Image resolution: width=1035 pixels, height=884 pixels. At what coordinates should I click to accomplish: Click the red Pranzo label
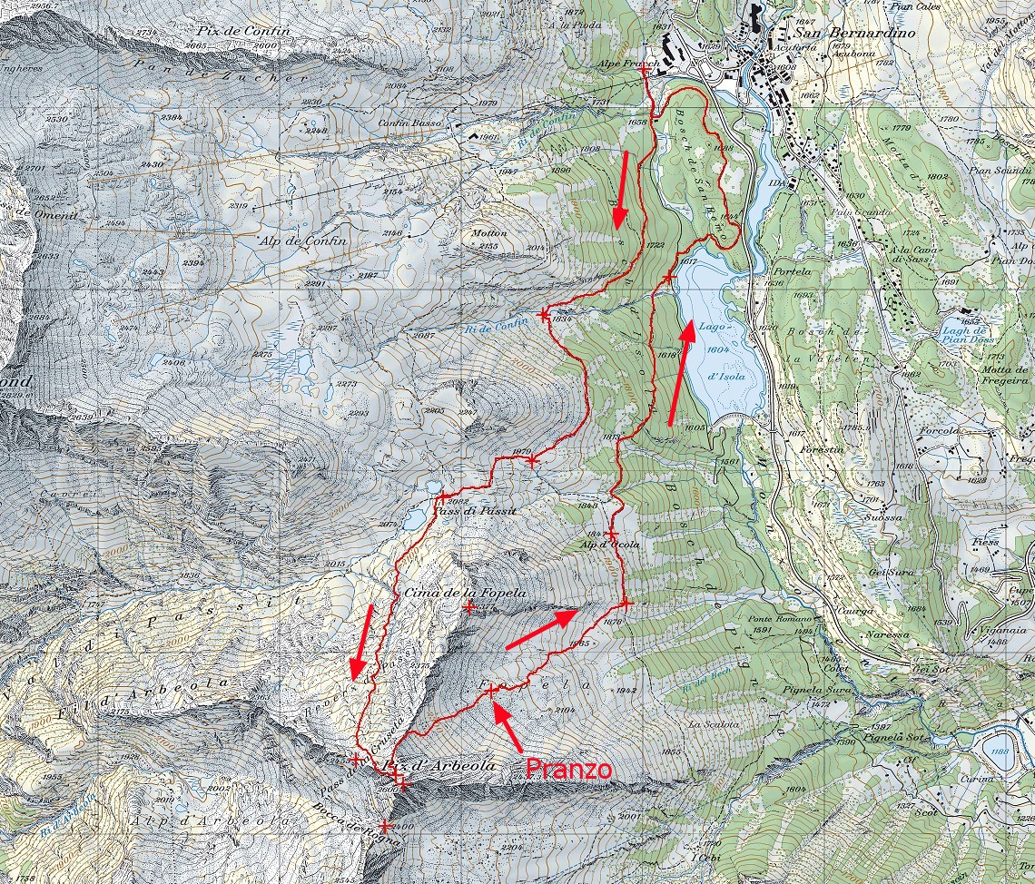[x=569, y=769]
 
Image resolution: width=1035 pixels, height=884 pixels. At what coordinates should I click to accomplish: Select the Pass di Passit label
[x=474, y=512]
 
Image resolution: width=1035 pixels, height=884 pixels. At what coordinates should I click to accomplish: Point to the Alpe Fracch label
[x=626, y=64]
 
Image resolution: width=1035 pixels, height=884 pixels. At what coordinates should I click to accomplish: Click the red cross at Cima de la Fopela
[x=468, y=607]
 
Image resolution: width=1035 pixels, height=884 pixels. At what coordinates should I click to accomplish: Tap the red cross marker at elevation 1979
[x=532, y=461]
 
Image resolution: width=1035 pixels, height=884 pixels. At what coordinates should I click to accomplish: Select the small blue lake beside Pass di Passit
[x=414, y=518]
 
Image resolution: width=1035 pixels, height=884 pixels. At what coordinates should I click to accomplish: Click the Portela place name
[x=783, y=271]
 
